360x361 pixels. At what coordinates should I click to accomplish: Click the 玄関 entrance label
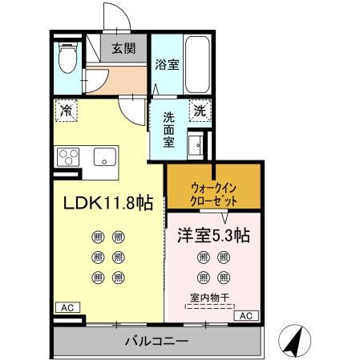(x=123, y=48)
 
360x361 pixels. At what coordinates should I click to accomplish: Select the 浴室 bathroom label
(x=166, y=65)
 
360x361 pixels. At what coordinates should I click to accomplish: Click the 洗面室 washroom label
(x=168, y=129)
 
